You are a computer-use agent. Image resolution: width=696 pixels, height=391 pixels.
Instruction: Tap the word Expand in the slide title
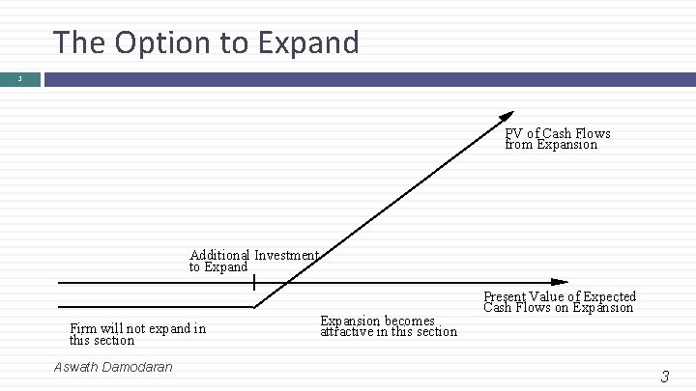[x=312, y=42]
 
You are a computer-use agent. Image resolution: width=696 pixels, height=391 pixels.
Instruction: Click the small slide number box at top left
[x=20, y=78]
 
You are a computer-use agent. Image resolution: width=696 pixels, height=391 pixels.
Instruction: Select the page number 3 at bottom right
[x=664, y=377]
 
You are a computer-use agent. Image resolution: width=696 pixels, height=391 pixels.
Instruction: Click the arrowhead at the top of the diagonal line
[x=508, y=116]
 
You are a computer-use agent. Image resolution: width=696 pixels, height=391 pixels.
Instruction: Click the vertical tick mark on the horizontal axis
[x=253, y=283]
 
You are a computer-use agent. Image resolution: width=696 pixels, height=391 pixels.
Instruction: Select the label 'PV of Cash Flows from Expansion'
[x=557, y=139]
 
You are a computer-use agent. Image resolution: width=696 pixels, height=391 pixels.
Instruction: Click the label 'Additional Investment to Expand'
[x=253, y=261]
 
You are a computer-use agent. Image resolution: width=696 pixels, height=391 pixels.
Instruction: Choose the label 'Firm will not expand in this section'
[x=137, y=334]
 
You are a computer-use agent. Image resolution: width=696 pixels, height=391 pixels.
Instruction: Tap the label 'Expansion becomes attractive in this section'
[x=389, y=326]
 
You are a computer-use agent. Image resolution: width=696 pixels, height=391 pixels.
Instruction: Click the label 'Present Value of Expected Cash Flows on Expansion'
[x=560, y=302]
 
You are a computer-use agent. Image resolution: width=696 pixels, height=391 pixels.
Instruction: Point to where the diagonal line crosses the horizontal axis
[x=283, y=283]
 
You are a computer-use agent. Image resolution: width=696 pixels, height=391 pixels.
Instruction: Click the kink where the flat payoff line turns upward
[x=254, y=307]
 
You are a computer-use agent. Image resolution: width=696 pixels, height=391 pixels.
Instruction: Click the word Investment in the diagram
[x=286, y=256]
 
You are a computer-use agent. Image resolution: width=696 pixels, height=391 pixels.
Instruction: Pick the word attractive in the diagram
[x=354, y=332]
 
